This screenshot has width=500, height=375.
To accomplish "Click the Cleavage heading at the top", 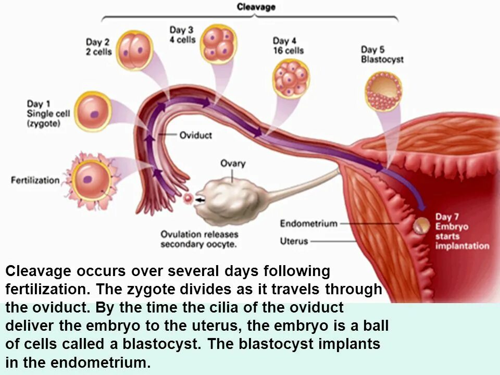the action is coord(256,7).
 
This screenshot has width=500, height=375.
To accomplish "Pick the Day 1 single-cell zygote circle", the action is coord(93,111).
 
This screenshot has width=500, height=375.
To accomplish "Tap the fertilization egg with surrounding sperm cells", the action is coord(91,180).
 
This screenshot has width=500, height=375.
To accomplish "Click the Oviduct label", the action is coord(195,135).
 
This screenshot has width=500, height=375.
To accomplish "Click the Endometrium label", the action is coord(309,223).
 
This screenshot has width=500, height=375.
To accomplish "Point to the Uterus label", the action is coord(294,241).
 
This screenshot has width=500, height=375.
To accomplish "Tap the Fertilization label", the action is coord(35,180).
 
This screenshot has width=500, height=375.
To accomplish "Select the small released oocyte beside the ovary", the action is coord(188,198).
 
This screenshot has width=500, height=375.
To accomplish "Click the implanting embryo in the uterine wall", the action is coord(422,226).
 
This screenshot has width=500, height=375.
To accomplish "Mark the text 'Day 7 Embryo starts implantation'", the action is coord(461,231).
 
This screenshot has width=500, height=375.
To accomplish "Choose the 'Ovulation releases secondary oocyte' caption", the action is coord(198,239).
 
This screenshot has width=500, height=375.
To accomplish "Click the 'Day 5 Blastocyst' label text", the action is coord(382,54).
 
